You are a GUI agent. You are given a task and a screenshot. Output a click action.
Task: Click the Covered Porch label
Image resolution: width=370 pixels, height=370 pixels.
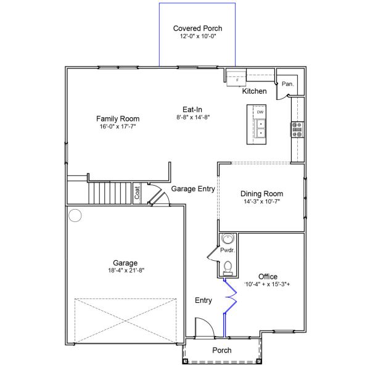pos(197,28)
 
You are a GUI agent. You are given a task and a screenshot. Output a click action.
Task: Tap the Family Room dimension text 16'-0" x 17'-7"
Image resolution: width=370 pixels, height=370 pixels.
pos(118,127)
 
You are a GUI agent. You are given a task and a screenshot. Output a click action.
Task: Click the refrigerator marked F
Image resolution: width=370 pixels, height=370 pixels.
pos(237,79)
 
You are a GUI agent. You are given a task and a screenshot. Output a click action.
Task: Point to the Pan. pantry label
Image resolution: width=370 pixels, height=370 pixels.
pos(287,84)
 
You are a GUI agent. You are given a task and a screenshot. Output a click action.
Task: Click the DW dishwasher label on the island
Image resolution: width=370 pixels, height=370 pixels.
pos(260,112)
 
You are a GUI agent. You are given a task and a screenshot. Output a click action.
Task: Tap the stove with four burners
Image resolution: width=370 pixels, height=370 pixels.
pos(297,129)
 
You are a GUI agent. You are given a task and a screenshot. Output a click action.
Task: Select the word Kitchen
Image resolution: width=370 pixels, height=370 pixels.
pos(254,91)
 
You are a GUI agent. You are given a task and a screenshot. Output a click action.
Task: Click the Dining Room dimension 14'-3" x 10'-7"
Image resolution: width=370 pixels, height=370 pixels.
pos(262,202)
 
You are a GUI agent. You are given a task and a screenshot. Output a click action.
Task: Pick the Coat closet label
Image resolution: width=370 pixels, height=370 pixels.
pos(137,194)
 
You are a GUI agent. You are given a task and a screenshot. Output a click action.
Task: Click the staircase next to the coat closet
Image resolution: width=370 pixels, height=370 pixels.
pos(111,194)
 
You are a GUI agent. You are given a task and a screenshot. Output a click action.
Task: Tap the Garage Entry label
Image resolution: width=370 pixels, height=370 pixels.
pos(193,189)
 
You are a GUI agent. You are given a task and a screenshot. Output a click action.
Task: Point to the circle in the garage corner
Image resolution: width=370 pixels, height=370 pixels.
pos(75,216)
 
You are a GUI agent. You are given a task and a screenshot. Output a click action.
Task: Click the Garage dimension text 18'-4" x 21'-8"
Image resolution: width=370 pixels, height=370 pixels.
pos(125,270)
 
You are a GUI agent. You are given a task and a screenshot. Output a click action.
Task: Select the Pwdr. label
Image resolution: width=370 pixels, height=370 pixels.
pos(226,251)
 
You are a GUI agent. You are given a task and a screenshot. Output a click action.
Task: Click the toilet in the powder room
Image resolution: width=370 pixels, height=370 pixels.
pos(227,267)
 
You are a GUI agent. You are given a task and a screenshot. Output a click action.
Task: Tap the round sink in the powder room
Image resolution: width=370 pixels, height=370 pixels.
pos(228,239)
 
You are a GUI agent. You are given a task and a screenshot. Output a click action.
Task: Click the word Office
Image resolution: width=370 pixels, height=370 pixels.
pos(268,276)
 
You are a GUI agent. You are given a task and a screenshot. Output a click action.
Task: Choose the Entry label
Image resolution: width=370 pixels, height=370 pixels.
pos(203,301)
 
